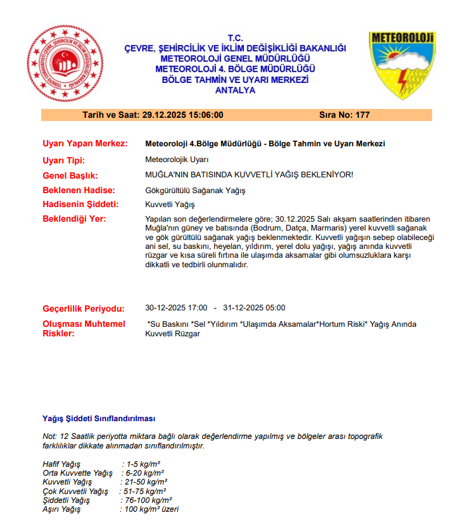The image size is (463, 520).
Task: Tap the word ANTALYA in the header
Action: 235,91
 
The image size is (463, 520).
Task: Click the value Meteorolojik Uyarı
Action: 177,160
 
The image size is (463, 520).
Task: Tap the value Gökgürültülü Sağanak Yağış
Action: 195,190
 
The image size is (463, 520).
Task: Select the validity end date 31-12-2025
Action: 244,308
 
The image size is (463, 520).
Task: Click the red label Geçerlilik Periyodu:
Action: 83,309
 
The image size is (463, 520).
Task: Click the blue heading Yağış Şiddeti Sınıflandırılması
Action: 99,419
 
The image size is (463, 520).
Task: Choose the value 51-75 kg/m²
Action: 144,491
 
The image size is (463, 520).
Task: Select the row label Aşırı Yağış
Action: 61,509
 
